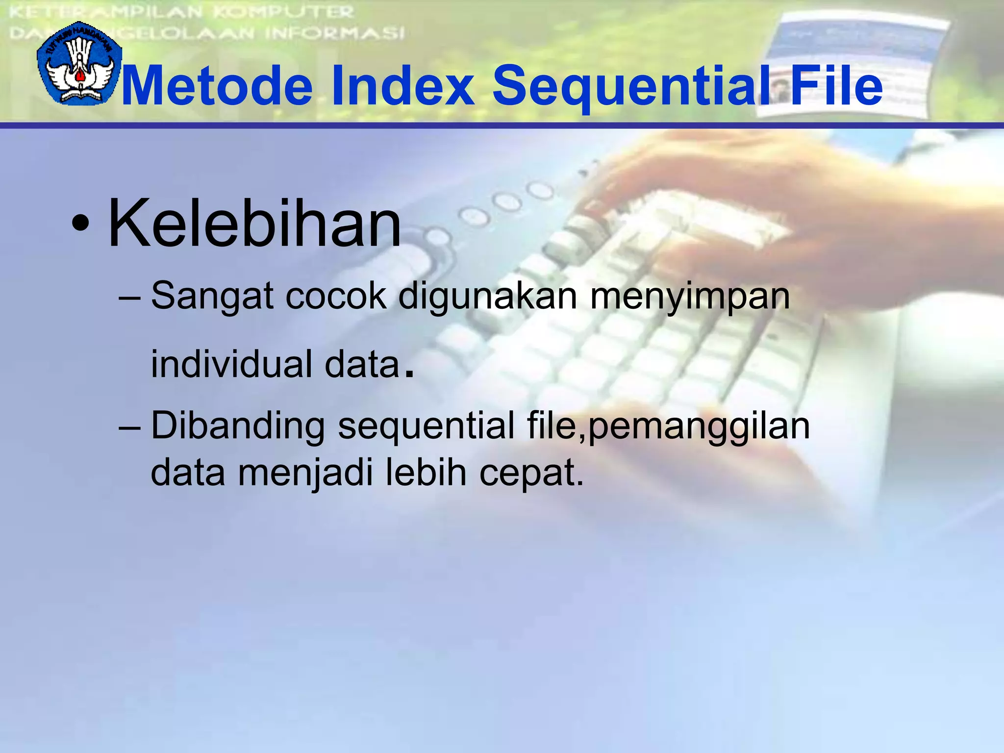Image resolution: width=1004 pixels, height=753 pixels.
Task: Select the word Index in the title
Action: [402, 86]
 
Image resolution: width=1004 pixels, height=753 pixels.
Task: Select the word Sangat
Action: [212, 297]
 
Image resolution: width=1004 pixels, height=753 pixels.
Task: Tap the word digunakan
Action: [488, 297]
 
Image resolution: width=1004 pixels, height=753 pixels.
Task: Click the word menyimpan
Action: [690, 297]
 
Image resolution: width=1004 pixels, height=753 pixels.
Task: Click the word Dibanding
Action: [238, 426]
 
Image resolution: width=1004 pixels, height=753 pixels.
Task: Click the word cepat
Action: [530, 474]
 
